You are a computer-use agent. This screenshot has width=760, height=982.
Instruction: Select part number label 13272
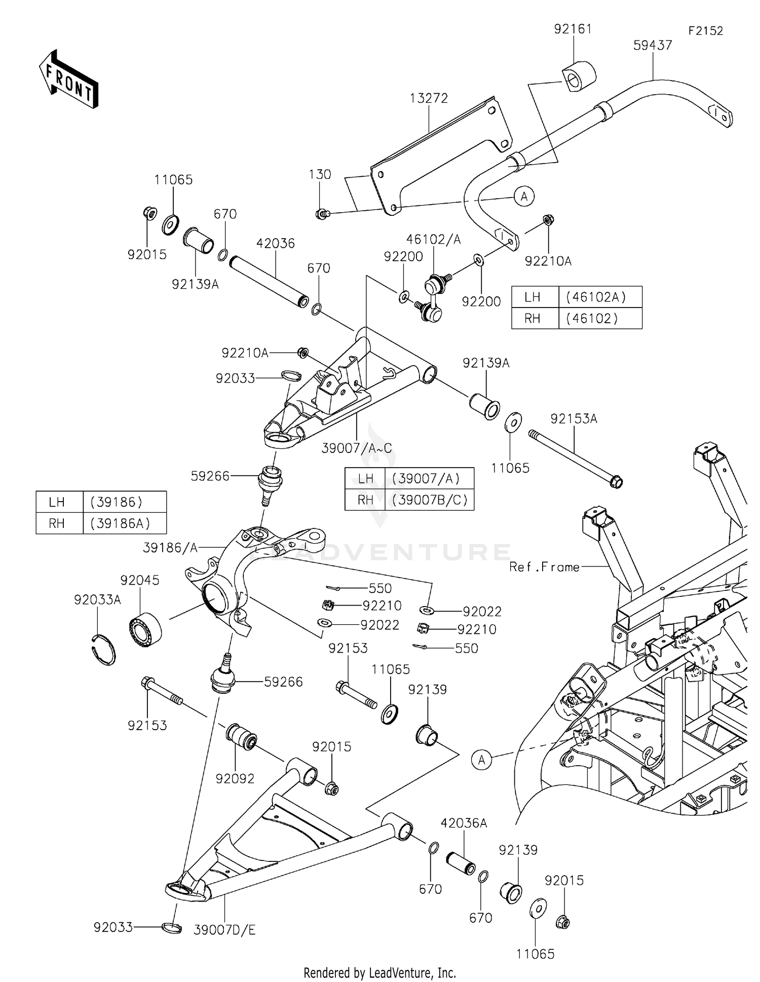pos(429,98)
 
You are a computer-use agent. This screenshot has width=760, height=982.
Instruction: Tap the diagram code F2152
pos(705,31)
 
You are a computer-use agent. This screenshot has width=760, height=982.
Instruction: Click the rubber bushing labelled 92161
pos(578,77)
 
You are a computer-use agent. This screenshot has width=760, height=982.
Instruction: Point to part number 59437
pos(653,46)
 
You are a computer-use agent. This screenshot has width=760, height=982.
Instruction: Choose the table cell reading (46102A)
pos(600,297)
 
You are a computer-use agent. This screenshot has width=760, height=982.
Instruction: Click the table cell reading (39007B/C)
pos(429,500)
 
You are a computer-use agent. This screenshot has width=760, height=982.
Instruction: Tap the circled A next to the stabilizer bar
pos(524,196)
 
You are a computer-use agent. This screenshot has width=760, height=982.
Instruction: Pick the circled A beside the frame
pos(481,760)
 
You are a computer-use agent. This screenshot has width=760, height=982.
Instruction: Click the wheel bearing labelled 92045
pos(145,629)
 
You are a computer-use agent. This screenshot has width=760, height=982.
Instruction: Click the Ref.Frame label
pos(544,567)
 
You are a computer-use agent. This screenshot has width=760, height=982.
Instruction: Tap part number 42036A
pos(464,823)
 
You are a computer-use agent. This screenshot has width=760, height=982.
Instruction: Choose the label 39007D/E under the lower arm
pos(224,930)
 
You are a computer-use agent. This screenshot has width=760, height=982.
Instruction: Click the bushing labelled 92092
pos(242,737)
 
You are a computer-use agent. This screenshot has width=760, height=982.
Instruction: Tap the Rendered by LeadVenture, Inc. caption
pos(379,972)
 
